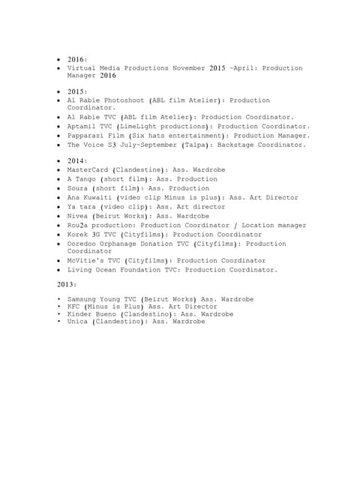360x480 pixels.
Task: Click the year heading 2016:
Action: click(x=78, y=58)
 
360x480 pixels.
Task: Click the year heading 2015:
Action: click(x=78, y=91)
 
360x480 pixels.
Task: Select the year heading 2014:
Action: click(x=78, y=160)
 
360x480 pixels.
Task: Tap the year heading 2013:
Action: click(x=67, y=285)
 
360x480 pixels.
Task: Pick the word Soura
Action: click(x=78, y=188)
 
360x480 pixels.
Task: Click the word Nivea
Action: click(x=78, y=216)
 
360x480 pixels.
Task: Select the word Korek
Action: click(x=78, y=234)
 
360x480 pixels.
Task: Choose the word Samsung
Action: click(x=82, y=299)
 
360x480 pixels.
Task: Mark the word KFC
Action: click(x=73, y=306)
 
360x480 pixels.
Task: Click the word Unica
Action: click(x=78, y=321)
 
